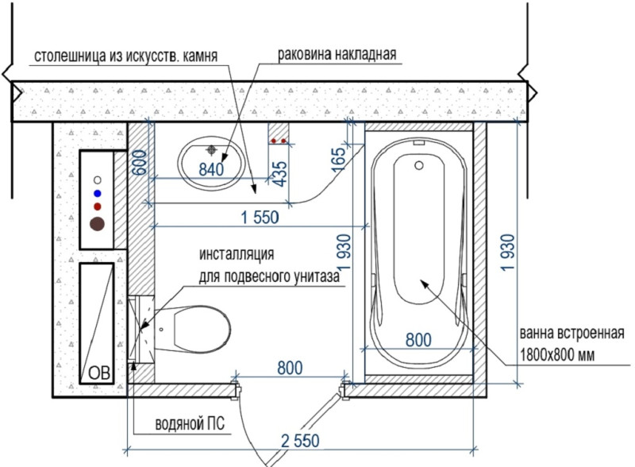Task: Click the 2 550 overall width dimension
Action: (300, 441)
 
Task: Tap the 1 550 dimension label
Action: (260, 218)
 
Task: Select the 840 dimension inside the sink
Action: (211, 169)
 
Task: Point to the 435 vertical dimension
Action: (280, 173)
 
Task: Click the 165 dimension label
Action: (339, 160)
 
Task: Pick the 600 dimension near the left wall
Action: (140, 163)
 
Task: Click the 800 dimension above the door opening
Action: (290, 368)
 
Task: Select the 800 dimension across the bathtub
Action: (418, 340)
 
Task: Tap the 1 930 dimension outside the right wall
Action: (507, 252)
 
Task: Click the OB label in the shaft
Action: (99, 372)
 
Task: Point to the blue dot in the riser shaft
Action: (97, 193)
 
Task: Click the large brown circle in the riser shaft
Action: (97, 224)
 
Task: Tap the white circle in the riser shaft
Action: (97, 179)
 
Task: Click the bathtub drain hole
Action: (419, 165)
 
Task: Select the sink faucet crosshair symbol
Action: (211, 150)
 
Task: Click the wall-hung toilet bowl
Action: (192, 328)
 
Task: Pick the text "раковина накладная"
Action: (337, 54)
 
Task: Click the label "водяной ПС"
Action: (190, 424)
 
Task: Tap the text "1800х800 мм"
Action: (557, 356)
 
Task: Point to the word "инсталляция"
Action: (237, 255)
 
